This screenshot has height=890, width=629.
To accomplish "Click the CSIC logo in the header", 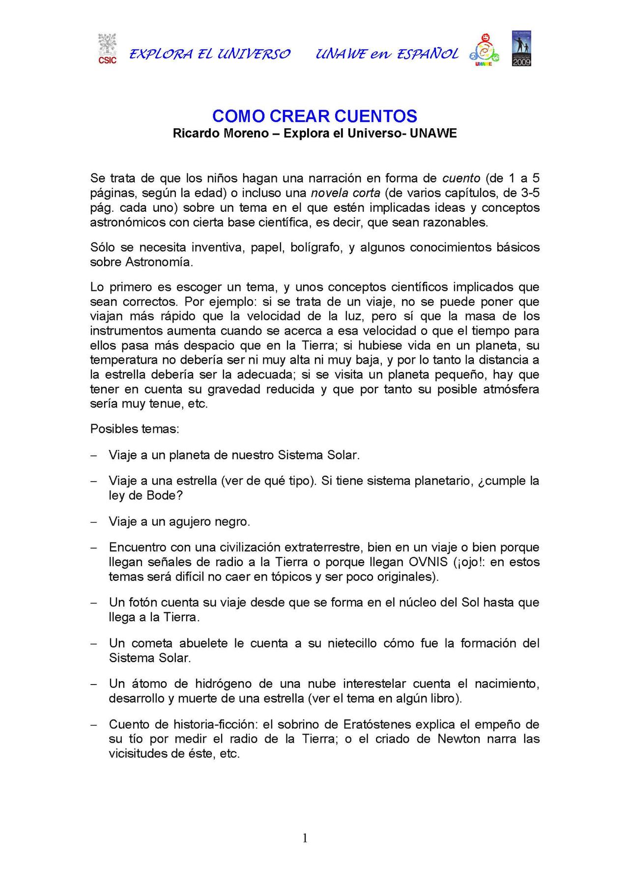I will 107,49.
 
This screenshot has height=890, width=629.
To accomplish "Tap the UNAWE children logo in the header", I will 484,50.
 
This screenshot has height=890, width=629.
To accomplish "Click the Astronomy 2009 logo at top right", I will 521,49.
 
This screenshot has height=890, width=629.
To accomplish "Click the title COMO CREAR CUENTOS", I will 314,116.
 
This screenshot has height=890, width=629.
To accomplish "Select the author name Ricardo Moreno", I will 221,133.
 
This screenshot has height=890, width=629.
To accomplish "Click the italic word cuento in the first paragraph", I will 461,178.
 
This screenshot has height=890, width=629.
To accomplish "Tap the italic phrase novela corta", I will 345,193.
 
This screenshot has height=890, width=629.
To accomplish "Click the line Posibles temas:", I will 135,429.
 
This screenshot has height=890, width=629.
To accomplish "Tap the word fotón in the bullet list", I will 143,603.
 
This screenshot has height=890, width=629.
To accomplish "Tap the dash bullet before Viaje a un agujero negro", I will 93,522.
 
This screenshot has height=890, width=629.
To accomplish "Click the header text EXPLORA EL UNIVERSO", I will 210,54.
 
